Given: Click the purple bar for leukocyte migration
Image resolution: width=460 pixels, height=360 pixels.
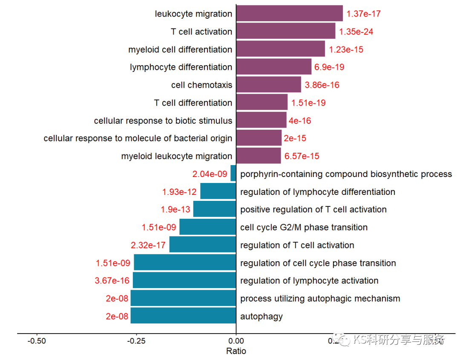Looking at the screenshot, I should pyautogui.click(x=289, y=13).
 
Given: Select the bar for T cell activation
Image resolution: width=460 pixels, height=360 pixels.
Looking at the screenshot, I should pyautogui.click(x=285, y=31).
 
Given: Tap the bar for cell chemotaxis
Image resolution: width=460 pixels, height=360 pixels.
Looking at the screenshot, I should pyautogui.click(x=268, y=85).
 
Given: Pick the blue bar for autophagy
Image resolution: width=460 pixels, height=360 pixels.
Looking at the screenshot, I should pyautogui.click(x=183, y=316).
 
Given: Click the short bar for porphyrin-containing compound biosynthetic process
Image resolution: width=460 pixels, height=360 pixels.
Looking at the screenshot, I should pyautogui.click(x=233, y=174).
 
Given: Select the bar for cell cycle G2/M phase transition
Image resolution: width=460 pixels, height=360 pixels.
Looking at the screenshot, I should pyautogui.click(x=207, y=227).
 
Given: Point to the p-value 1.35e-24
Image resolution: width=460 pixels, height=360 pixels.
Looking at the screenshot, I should pyautogui.click(x=356, y=32).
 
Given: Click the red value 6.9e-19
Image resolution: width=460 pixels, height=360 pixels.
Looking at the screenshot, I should pyautogui.click(x=329, y=67).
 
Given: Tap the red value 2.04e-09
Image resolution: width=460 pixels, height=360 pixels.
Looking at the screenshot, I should pyautogui.click(x=210, y=174).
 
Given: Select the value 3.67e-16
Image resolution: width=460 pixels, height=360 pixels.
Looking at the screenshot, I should pyautogui.click(x=112, y=281).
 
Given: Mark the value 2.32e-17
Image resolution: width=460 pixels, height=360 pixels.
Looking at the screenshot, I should pyautogui.click(x=148, y=245).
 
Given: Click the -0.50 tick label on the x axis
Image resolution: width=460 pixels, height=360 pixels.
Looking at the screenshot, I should pyautogui.click(x=37, y=341).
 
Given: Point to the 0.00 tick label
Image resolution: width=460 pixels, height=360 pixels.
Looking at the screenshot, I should pyautogui.click(x=236, y=341).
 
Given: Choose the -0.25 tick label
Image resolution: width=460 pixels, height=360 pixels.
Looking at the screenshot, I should pyautogui.click(x=136, y=341).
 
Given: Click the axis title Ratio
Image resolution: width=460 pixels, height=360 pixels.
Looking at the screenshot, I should pyautogui.click(x=236, y=351).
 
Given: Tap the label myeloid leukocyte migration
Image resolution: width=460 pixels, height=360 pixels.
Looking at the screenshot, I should pyautogui.click(x=176, y=156).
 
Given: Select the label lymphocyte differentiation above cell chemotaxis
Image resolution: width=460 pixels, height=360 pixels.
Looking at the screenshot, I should pyautogui.click(x=181, y=67).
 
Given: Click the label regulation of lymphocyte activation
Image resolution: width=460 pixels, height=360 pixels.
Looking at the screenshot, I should pyautogui.click(x=309, y=281).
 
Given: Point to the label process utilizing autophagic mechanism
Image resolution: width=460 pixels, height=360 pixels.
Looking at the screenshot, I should pyautogui.click(x=320, y=299).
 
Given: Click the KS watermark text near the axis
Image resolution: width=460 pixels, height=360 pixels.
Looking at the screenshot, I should pyautogui.click(x=398, y=340).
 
